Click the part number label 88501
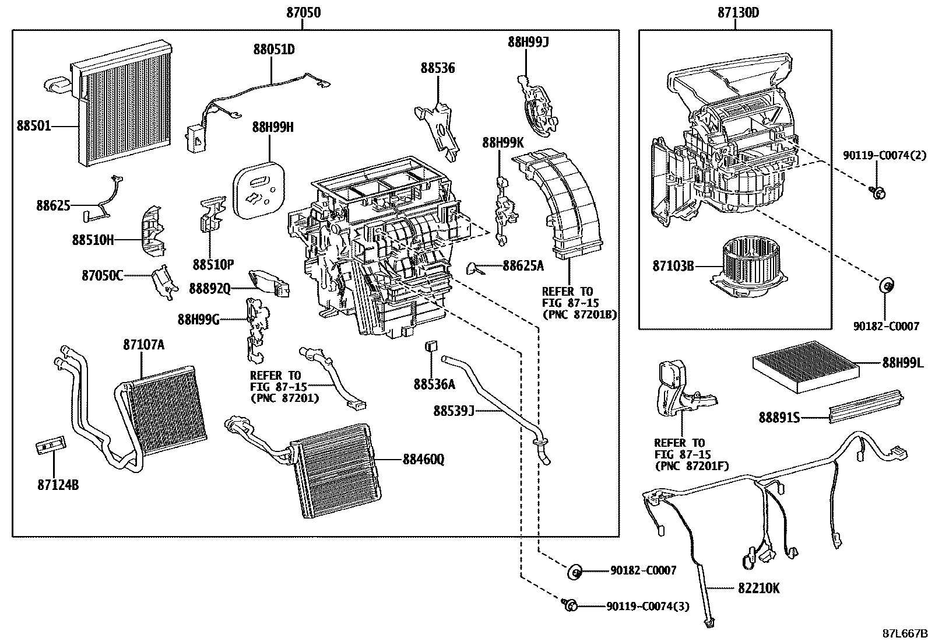pyautogui.click(x=33, y=126)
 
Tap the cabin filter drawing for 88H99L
pyautogui.click(x=806, y=362)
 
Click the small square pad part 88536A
pyautogui.click(x=432, y=345)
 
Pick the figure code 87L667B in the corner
pyautogui.click(x=903, y=633)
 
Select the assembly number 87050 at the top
pyautogui.click(x=303, y=12)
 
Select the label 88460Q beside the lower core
pyautogui.click(x=423, y=460)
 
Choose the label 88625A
pyautogui.click(x=523, y=266)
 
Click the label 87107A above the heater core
pyautogui.click(x=143, y=345)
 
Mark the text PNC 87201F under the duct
pyautogui.click(x=692, y=465)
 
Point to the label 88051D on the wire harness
pyautogui.click(x=273, y=50)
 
